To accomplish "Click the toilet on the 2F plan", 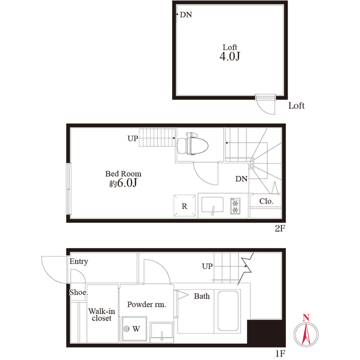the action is coord(192,144).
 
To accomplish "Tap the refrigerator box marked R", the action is coord(184,205).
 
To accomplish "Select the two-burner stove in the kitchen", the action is coord(235,206).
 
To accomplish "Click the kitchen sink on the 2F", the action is coord(213,205).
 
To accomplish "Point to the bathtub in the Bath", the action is coord(228,311).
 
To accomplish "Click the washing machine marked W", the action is coord(134,328).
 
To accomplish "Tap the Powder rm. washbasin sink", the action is coord(161,332).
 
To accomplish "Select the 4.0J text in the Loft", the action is coord(230,56).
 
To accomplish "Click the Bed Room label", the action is coord(123,174).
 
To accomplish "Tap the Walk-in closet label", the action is coord(101,314).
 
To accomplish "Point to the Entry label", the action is coord(79,262).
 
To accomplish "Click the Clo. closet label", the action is coord(266,201).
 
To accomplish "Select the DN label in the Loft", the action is coord(186,15).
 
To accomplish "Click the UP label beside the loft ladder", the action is coord(133,138).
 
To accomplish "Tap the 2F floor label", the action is coord(280,228).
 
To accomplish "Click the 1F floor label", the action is coord(280,353).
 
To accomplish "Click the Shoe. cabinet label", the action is coord(79,292).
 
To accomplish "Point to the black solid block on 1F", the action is coord(266,332).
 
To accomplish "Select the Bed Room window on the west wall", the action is coord(69,189).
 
